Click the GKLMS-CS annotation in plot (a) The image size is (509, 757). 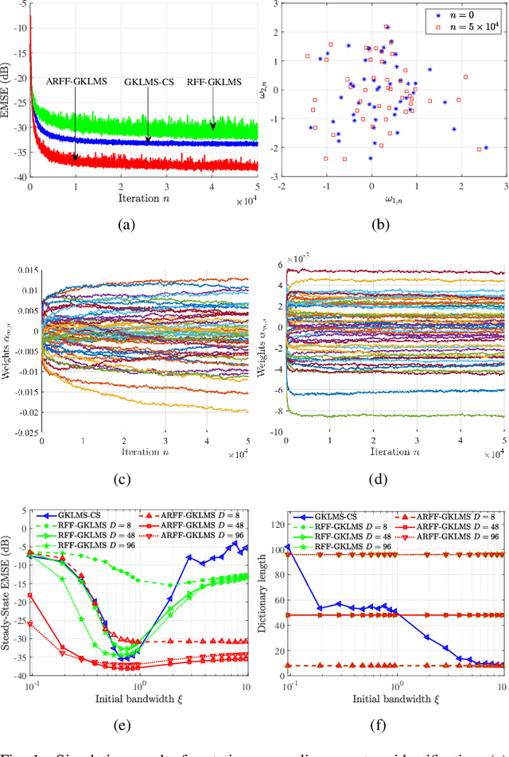[x=149, y=81]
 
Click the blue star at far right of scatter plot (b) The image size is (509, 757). [x=486, y=147]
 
